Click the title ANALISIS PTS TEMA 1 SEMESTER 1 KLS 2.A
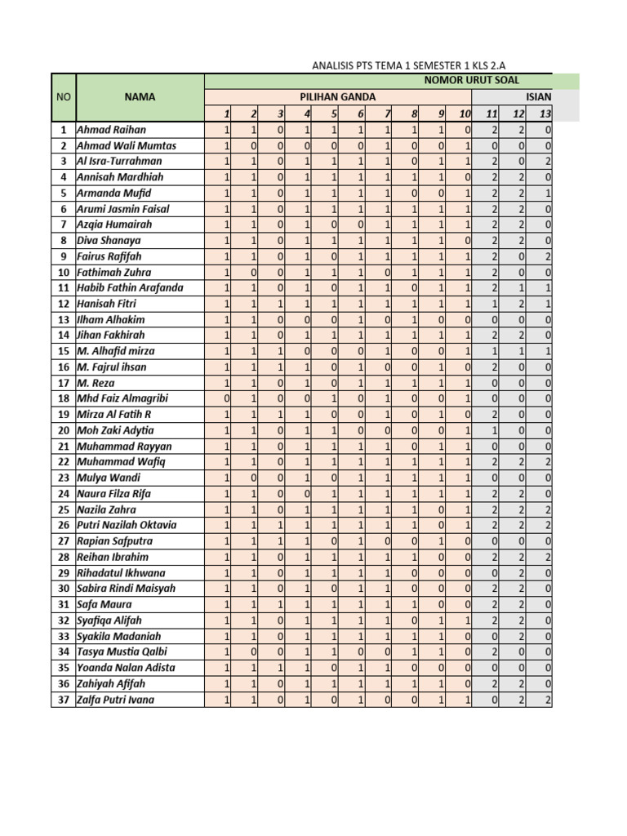pos(415,65)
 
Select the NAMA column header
pos(140,97)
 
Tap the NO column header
pos(63,97)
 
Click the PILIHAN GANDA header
pos(337,97)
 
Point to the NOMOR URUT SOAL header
pos(471,81)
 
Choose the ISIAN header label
pos(539,97)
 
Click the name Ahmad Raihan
pos(111,130)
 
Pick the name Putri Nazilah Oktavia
pos(127,525)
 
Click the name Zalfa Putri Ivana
pos(115,700)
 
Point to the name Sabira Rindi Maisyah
pos(126,589)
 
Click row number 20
pos(63,430)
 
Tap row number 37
pos(63,700)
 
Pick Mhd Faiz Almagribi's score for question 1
pos(226,398)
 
